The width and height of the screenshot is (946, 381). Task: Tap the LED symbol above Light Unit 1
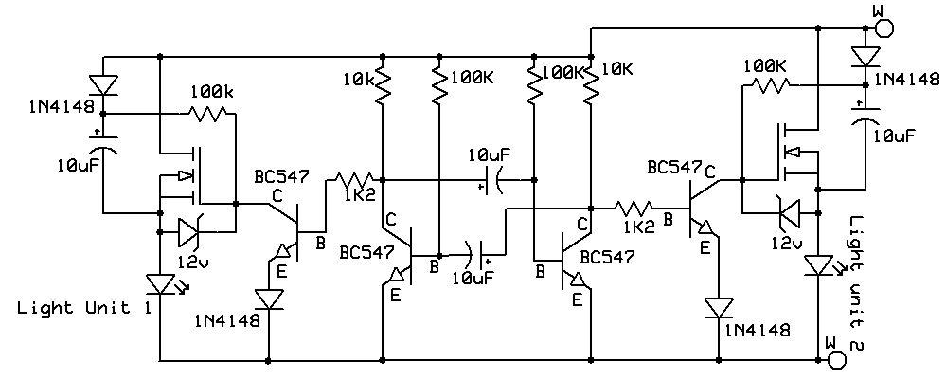point(159,283)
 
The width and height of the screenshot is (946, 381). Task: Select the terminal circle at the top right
point(883,27)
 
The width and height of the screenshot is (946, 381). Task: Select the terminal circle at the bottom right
point(835,359)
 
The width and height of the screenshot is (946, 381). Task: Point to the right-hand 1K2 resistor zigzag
point(637,206)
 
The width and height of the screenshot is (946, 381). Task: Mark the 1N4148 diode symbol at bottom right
point(719,309)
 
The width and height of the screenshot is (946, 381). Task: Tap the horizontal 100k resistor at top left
point(207,114)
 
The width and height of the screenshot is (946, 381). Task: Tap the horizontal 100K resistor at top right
point(769,85)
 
